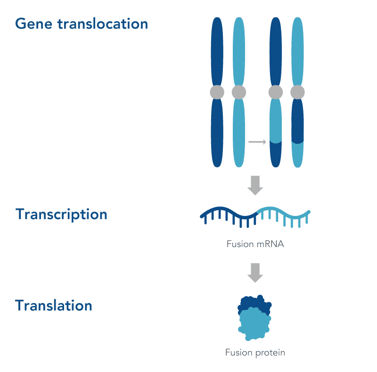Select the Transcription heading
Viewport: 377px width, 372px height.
[61, 215]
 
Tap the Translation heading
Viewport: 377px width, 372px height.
[53, 305]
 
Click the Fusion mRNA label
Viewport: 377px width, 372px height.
[255, 244]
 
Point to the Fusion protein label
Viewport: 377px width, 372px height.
[255, 352]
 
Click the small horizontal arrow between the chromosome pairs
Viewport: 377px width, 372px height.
[257, 141]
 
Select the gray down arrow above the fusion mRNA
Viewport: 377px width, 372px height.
[255, 185]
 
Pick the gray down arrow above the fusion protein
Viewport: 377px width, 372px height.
[255, 273]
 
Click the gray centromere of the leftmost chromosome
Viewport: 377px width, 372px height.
[217, 92]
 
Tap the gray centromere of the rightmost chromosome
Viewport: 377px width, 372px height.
[297, 92]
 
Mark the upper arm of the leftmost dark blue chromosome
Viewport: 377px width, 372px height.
[217, 52]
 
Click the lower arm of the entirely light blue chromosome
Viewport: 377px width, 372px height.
[239, 132]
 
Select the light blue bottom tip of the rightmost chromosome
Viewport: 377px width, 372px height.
[297, 156]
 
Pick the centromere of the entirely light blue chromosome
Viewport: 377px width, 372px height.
[239, 92]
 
